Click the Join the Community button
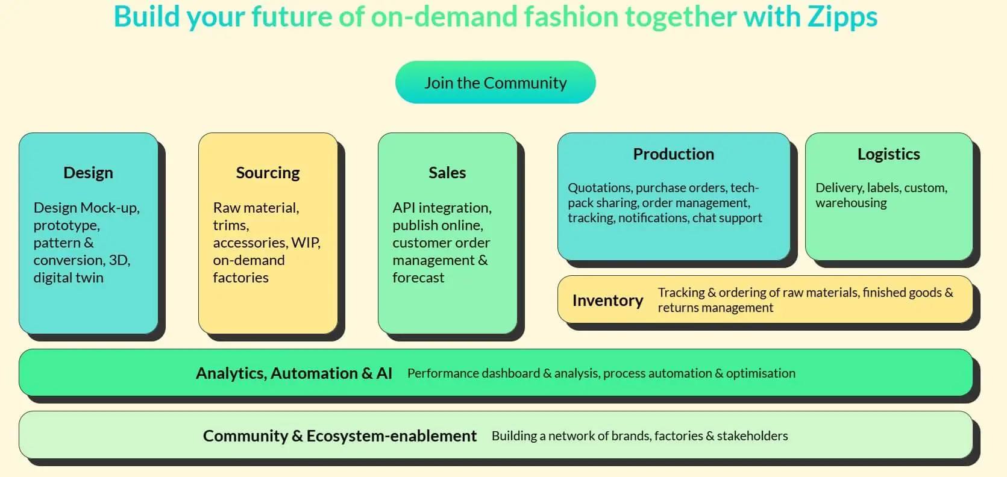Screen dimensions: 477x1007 point(495,83)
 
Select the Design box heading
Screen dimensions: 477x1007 point(88,173)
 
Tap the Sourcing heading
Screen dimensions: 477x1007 point(268,173)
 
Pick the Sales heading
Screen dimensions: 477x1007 point(447,173)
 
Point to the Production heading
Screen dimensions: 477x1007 point(673,154)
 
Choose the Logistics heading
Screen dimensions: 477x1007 point(888,154)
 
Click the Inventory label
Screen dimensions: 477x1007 point(607,301)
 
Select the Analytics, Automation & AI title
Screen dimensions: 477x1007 point(293,373)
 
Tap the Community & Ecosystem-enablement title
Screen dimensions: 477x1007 point(339,436)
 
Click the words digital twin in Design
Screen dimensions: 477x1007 point(68,278)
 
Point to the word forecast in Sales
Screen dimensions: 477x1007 point(418,278)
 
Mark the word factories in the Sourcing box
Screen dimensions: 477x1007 point(240,278)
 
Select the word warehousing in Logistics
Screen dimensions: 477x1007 point(851,203)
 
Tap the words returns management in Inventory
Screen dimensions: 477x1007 point(715,308)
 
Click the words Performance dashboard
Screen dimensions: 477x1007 point(473,373)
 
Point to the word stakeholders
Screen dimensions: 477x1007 point(752,436)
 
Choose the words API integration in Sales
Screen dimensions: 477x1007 point(442,208)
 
